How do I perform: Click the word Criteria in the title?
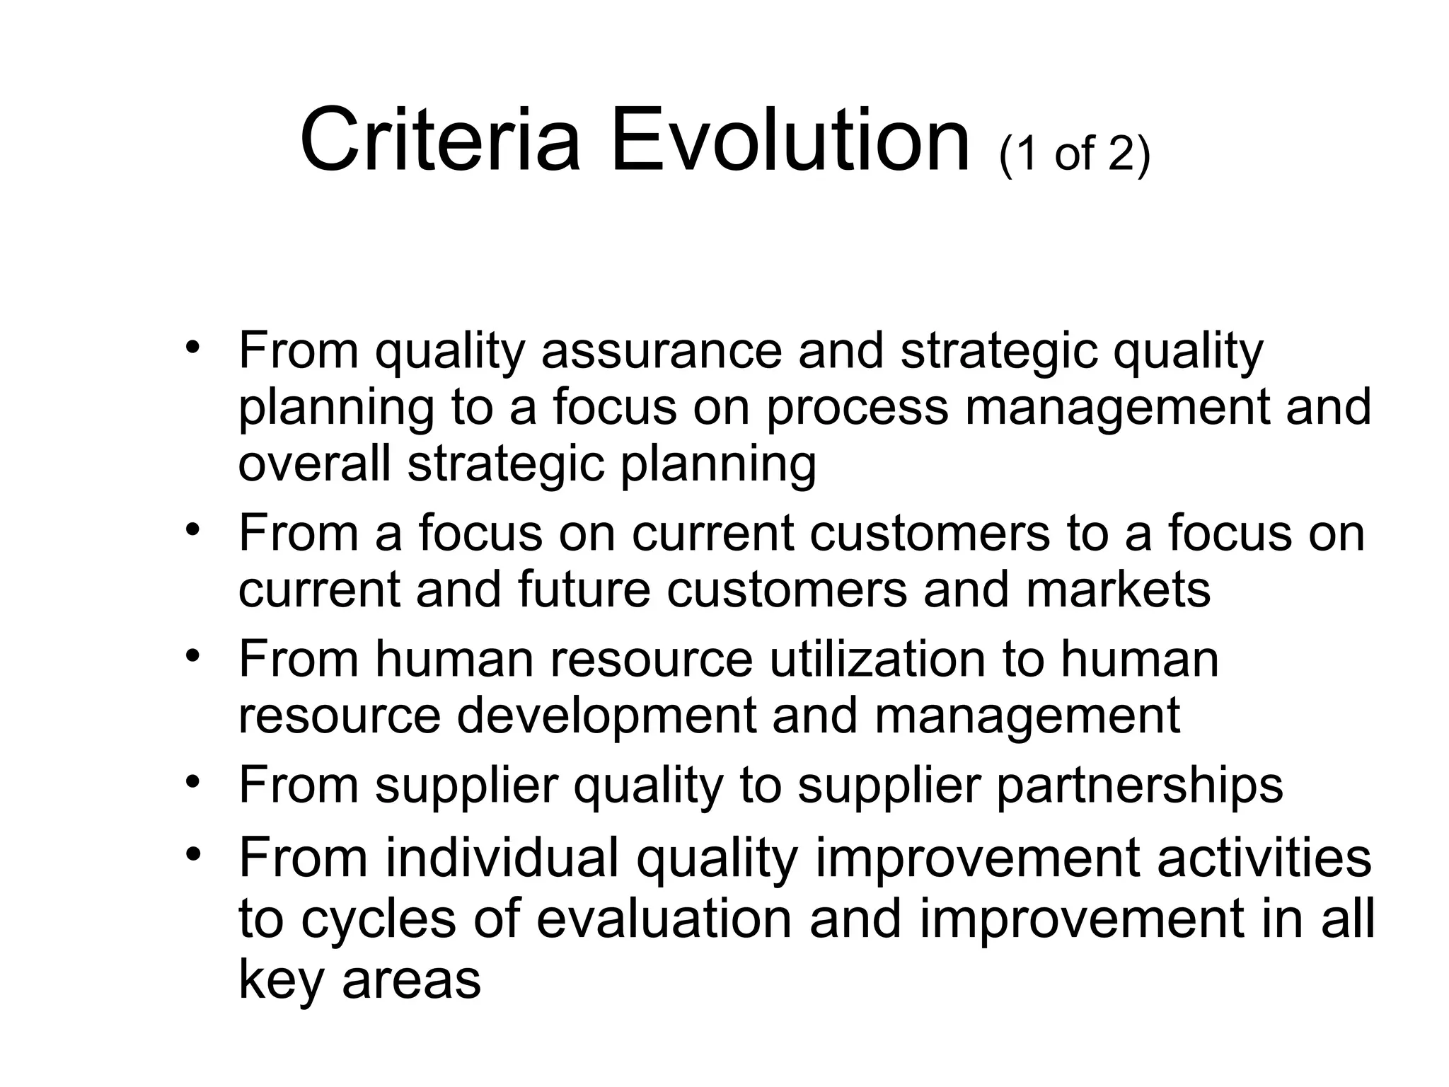click(x=439, y=141)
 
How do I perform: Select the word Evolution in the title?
click(x=790, y=141)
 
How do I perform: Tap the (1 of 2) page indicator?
click(x=1075, y=153)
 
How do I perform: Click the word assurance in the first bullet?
click(x=661, y=352)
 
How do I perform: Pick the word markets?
click(x=1118, y=589)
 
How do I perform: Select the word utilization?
click(x=877, y=660)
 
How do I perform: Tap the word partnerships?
click(x=1139, y=786)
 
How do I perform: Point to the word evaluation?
click(x=664, y=919)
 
